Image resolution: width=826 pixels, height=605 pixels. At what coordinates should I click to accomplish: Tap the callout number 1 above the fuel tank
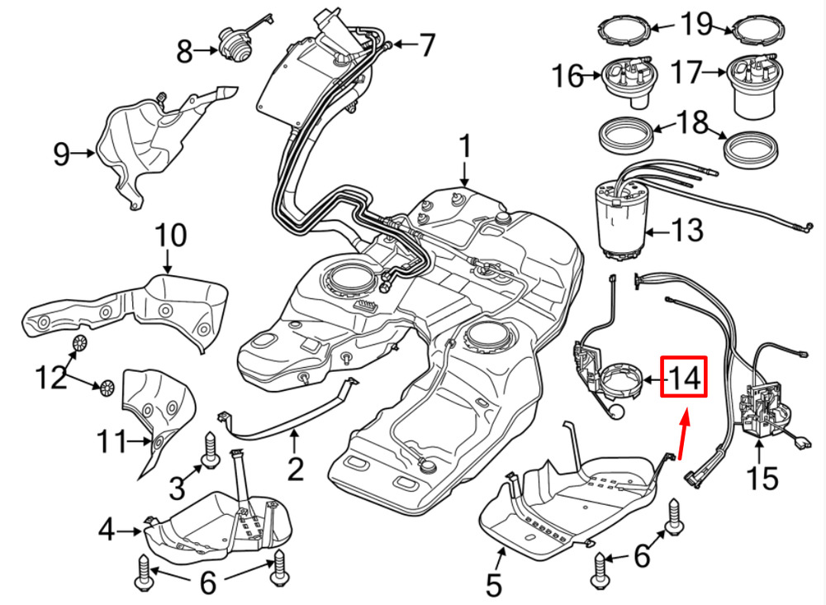coord(464,149)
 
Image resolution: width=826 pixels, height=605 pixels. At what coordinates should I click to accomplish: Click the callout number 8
coord(185,53)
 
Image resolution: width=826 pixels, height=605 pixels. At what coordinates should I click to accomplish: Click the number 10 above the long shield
coord(172,237)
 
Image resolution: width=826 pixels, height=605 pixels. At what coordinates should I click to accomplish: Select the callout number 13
coord(687,230)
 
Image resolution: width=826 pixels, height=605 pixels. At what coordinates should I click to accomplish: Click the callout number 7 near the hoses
coord(427,45)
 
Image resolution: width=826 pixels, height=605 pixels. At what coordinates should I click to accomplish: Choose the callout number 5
coord(493,584)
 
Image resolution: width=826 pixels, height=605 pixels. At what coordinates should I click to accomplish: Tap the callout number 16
coord(568,77)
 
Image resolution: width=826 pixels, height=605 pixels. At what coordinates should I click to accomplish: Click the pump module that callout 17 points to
coord(753,87)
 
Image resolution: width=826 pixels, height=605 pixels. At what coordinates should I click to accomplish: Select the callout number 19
coord(695,25)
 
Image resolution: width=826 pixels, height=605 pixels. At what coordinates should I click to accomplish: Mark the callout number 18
coord(694,124)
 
